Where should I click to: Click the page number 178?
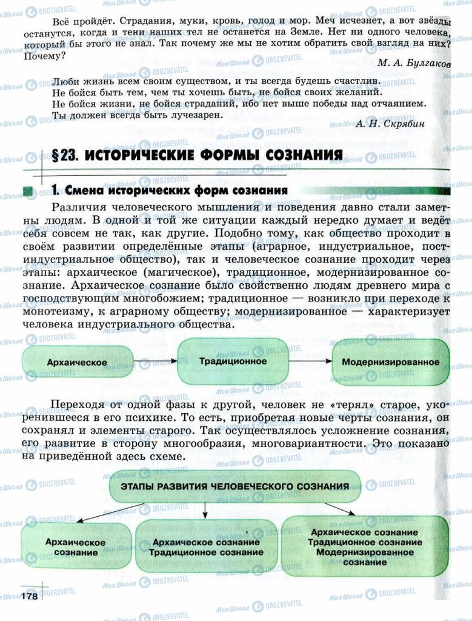pyautogui.click(x=30, y=597)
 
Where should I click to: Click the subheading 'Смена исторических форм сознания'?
pyautogui.click(x=176, y=190)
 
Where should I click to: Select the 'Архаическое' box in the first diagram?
pyautogui.click(x=77, y=363)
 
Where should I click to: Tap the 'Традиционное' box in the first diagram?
pyautogui.click(x=233, y=361)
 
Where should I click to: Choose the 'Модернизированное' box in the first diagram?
pyautogui.click(x=390, y=362)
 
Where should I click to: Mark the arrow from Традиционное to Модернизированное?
pyautogui.click(x=310, y=361)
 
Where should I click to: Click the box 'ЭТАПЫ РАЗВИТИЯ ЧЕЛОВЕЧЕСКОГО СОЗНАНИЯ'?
pyautogui.click(x=235, y=486)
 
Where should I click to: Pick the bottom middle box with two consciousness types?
pyautogui.click(x=207, y=547)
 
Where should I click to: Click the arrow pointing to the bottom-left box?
pyautogui.click(x=100, y=512)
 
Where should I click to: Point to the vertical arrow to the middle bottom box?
pyautogui.click(x=204, y=511)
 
